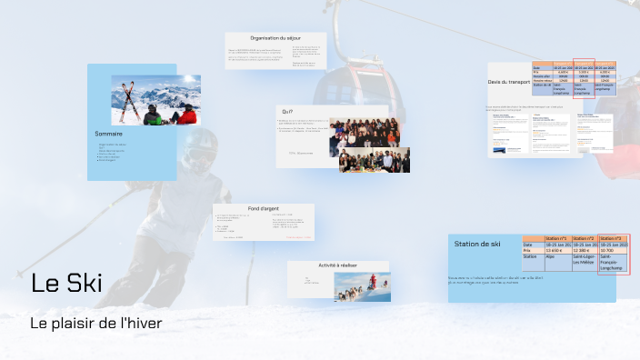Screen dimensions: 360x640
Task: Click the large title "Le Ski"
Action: click(66, 284)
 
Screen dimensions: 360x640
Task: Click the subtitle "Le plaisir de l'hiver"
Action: click(99, 323)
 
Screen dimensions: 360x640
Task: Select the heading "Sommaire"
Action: click(108, 135)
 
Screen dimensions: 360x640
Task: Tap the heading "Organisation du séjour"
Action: click(275, 38)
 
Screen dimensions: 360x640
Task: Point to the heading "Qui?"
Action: click(288, 111)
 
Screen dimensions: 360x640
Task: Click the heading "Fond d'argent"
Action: click(263, 208)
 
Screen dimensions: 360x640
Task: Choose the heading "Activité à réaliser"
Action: click(337, 265)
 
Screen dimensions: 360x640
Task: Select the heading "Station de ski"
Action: click(477, 244)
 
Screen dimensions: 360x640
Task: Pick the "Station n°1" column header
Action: click(558, 238)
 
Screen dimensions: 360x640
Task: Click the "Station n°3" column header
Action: click(613, 238)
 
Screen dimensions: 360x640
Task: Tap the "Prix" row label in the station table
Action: click(530, 251)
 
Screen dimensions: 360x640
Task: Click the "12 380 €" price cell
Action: click(585, 251)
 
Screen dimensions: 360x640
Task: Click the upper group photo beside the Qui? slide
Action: click(363, 133)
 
